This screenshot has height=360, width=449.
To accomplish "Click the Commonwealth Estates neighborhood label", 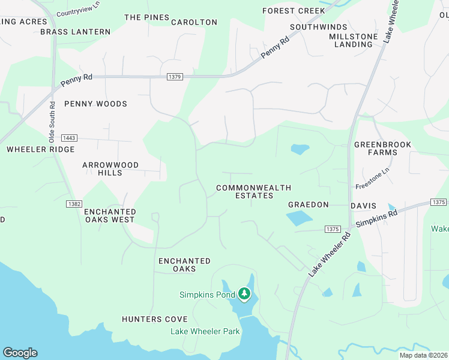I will point(245,192).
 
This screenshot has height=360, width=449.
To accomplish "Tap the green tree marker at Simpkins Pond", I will point(244,294).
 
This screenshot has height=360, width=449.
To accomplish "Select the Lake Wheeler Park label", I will point(205,331).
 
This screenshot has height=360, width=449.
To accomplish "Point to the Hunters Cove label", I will point(155,319).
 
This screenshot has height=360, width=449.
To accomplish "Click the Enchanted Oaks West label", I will point(110,216).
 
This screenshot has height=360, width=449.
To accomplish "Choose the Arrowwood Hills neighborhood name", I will point(110,169).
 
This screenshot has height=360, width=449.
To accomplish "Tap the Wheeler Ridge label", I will point(41,149).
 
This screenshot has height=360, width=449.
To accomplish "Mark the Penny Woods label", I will point(95,104).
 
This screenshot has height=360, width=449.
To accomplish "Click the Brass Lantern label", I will point(76,32).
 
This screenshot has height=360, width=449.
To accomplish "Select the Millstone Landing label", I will point(354,40).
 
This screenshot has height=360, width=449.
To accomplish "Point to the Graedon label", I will point(309,205).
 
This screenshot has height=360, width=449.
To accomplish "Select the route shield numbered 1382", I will point(74,204).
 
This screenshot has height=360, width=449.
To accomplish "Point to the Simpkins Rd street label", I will point(376,218).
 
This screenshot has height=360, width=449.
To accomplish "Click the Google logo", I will point(20,353).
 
